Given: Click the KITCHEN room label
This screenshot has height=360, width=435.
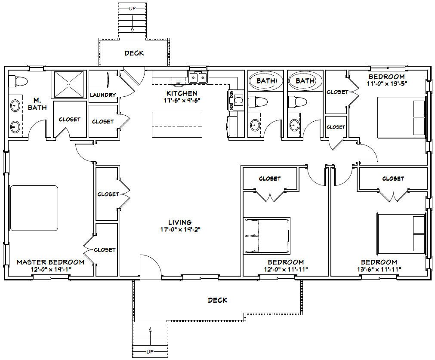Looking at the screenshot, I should (182, 93).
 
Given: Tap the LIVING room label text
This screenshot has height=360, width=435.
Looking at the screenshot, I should (180, 222).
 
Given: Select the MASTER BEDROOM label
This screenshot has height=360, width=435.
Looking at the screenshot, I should (50, 262).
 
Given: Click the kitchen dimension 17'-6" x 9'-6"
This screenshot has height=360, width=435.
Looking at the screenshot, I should (182, 100).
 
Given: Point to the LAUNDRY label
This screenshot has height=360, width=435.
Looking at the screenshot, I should (103, 95).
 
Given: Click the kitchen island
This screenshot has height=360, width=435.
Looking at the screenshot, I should (177, 124).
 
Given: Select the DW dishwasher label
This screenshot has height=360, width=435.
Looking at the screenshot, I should (178, 82).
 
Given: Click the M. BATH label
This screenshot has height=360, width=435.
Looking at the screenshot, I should (37, 105).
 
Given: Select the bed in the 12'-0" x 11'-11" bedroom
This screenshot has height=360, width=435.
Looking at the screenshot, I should (267, 235).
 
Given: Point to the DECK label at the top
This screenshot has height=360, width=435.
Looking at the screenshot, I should (134, 53).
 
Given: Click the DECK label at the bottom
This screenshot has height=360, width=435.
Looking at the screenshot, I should (217, 300).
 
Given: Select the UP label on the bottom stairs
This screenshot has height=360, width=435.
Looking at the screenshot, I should (150, 352).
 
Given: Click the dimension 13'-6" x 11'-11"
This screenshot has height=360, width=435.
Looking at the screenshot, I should (379, 269).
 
